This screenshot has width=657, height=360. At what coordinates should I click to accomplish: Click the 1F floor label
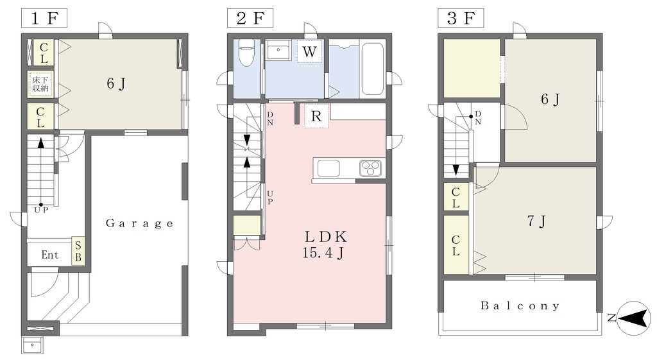click(x=44, y=19)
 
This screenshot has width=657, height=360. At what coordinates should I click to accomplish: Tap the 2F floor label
click(x=250, y=19)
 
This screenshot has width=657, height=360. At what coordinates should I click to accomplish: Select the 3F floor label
click(x=461, y=19)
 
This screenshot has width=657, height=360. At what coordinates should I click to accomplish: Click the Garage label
click(x=139, y=223)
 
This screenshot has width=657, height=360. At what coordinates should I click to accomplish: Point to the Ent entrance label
click(x=50, y=255)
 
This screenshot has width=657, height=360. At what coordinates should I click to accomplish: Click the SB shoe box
click(x=78, y=251)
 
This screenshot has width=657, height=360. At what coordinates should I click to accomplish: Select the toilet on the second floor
click(x=246, y=53)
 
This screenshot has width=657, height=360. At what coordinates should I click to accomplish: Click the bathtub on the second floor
click(x=372, y=69)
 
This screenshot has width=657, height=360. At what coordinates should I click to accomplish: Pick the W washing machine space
click(x=309, y=51)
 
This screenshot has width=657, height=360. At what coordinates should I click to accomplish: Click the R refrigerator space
click(x=316, y=116)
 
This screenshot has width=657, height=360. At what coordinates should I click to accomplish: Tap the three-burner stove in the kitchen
click(x=370, y=168)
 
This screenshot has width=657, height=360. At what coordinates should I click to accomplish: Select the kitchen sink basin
click(x=328, y=169)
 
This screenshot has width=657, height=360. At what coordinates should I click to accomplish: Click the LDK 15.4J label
click(x=325, y=244)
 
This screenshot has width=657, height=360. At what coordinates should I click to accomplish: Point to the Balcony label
click(x=520, y=305)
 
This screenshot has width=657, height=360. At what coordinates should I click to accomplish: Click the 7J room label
click(x=536, y=221)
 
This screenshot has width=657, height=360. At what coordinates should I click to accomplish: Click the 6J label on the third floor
click(x=550, y=99)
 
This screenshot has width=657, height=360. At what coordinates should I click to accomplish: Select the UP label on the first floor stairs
click(x=41, y=210)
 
